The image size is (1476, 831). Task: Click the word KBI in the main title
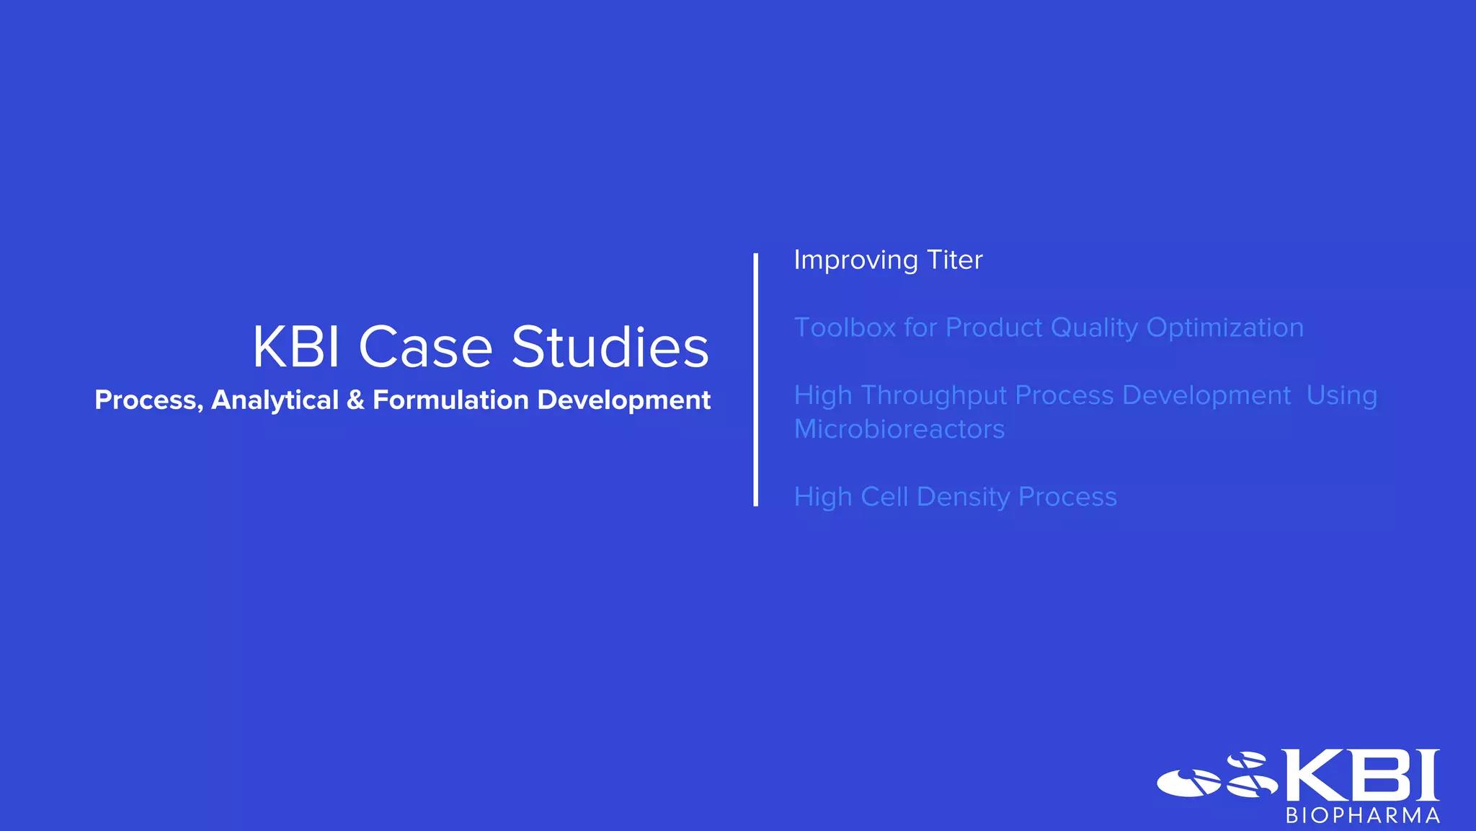(295, 348)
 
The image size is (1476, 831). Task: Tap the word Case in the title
(425, 348)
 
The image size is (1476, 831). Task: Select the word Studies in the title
(610, 348)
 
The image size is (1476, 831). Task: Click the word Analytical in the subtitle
(275, 400)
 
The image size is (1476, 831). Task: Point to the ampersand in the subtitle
(355, 400)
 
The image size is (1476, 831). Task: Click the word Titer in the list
(954, 260)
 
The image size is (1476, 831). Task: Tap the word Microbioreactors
(899, 429)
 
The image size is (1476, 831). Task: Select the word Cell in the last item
(884, 497)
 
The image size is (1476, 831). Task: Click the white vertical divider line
(755, 379)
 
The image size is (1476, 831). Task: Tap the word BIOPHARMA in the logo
(1362, 816)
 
